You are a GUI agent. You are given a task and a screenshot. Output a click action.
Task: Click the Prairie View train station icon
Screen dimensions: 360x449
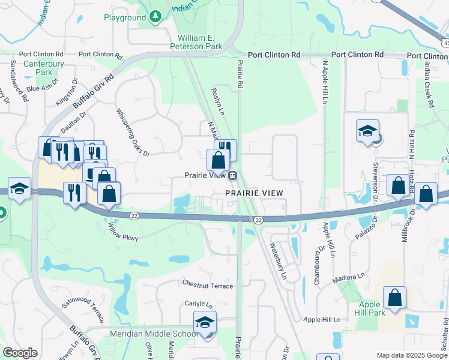click(232, 176)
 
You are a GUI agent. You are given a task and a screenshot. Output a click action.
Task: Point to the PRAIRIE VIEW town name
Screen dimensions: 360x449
click(254, 193)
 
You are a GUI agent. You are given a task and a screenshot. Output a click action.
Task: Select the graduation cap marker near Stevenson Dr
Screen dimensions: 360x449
click(367, 132)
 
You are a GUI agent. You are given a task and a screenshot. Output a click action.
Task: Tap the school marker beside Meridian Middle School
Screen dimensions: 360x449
click(205, 325)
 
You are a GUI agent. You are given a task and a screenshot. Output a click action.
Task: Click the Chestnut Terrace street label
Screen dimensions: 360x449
click(207, 286)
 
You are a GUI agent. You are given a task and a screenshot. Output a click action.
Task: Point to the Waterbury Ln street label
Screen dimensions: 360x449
click(279, 261)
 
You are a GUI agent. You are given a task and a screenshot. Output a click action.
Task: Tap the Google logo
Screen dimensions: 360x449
click(20, 353)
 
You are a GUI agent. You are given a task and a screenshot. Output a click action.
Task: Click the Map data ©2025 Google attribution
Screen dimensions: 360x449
click(411, 355)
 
